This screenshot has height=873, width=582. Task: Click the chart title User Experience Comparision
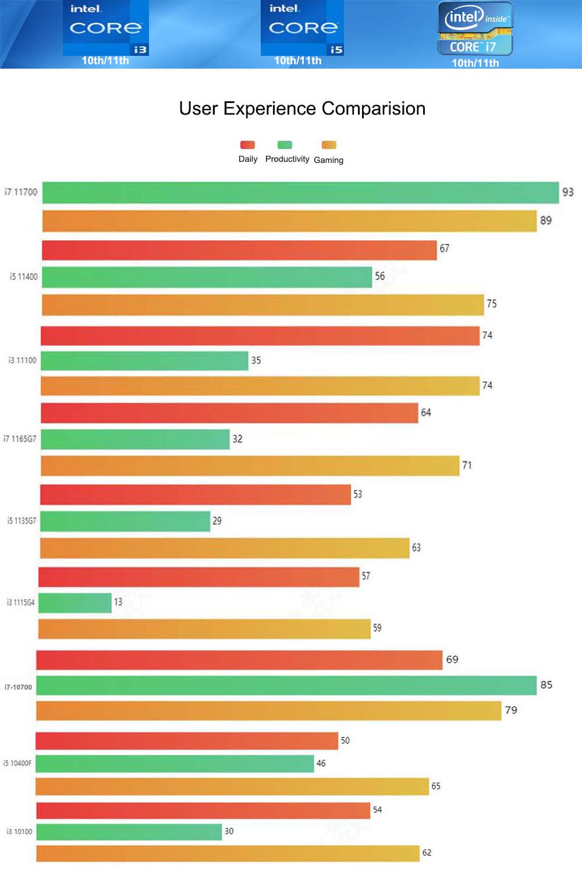[302, 109]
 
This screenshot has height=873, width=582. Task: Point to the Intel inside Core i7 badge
[475, 29]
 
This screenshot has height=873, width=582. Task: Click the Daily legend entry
[247, 152]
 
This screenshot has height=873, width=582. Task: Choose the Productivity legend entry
[286, 152]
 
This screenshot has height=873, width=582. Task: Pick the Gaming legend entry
[328, 152]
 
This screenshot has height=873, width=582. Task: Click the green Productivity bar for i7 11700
[300, 193]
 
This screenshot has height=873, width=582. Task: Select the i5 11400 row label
[23, 277]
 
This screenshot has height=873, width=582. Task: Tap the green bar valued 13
[75, 603]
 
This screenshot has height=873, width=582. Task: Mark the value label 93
[567, 192]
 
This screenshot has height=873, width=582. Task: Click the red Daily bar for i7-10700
[239, 660]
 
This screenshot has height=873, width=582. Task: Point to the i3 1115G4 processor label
[20, 602]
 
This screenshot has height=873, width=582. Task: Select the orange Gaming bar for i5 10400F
[232, 786]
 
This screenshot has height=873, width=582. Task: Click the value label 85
[546, 685]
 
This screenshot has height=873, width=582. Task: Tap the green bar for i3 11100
[144, 361]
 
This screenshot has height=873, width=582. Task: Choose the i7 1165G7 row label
[20, 439]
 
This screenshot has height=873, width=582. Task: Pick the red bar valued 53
[196, 495]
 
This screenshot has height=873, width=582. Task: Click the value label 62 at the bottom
[427, 853]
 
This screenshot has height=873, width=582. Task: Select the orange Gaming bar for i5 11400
[262, 304]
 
